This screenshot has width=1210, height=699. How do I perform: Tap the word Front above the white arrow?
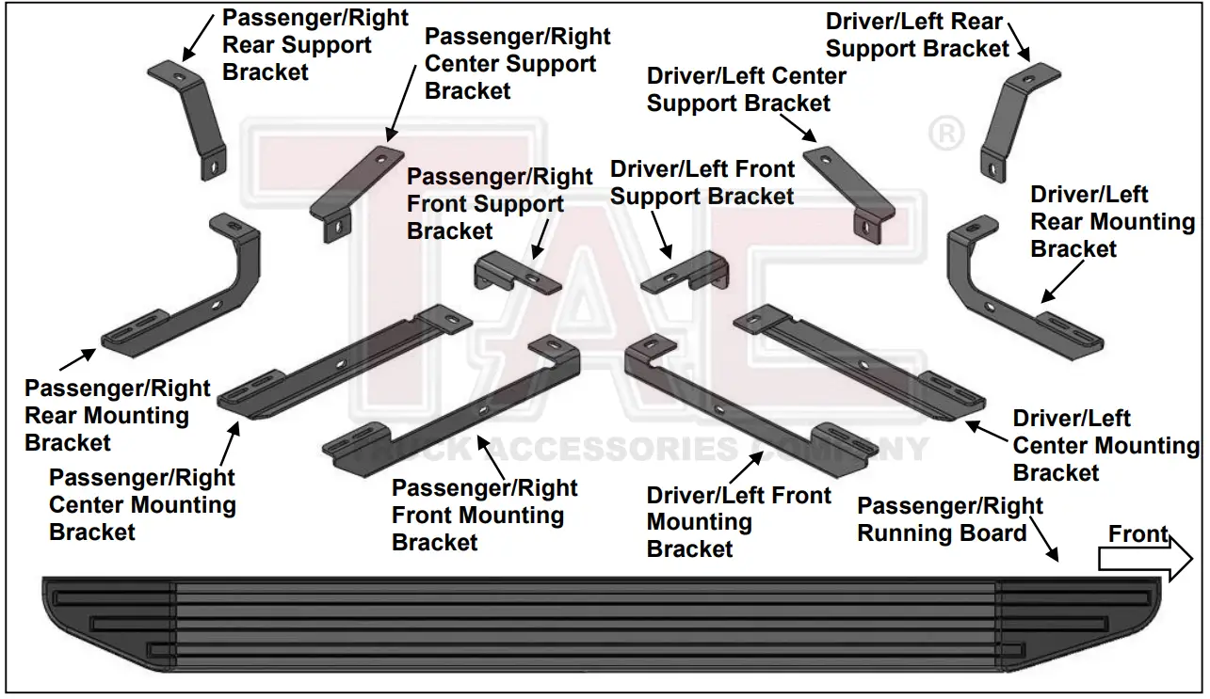pyautogui.click(x=1137, y=534)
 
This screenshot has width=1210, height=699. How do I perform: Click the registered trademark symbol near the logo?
pyautogui.click(x=945, y=135)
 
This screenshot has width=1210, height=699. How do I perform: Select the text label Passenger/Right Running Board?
pyautogui.click(x=949, y=519)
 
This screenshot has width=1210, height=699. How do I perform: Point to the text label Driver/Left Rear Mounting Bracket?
pyautogui.click(x=1111, y=222)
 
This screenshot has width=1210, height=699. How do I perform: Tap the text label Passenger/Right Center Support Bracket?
pyautogui.click(x=517, y=64)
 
